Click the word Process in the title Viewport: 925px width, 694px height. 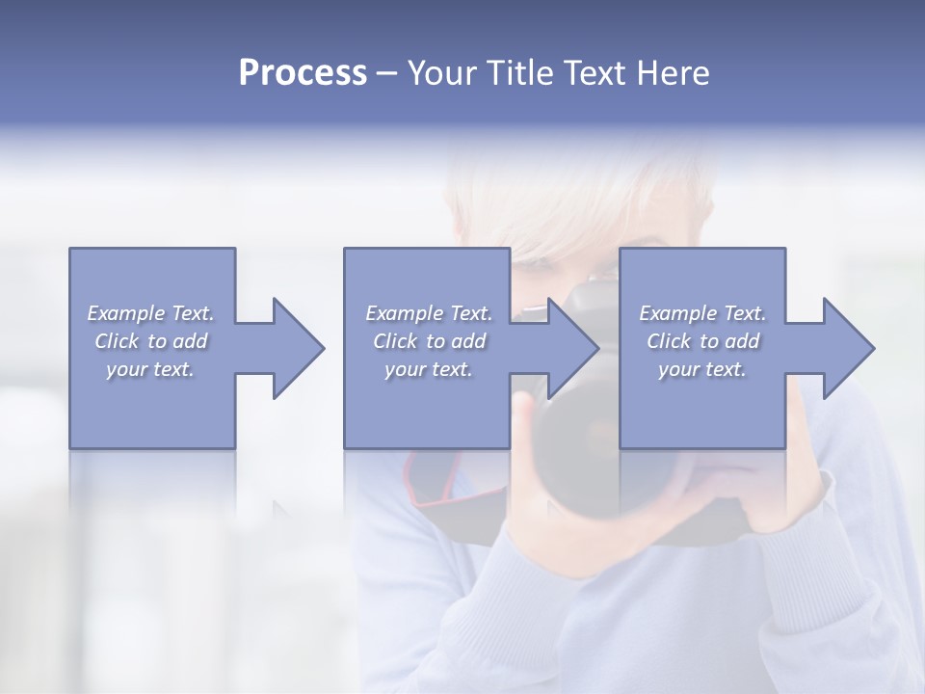pyautogui.click(x=303, y=73)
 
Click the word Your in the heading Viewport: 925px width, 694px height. pyautogui.click(x=445, y=73)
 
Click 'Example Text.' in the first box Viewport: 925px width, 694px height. pyautogui.click(x=151, y=313)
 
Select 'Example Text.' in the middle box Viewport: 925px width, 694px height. pyautogui.click(x=429, y=313)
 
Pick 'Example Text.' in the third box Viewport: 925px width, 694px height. pyautogui.click(x=702, y=313)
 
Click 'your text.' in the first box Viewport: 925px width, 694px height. pyautogui.click(x=151, y=369)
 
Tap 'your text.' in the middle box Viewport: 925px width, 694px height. pyautogui.click(x=429, y=369)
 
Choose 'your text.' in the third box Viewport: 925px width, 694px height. pyautogui.click(x=702, y=369)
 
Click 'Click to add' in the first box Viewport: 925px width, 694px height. pyautogui.click(x=151, y=341)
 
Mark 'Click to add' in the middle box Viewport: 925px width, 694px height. pyautogui.click(x=429, y=341)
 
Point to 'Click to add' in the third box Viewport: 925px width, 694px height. pyautogui.click(x=702, y=341)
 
